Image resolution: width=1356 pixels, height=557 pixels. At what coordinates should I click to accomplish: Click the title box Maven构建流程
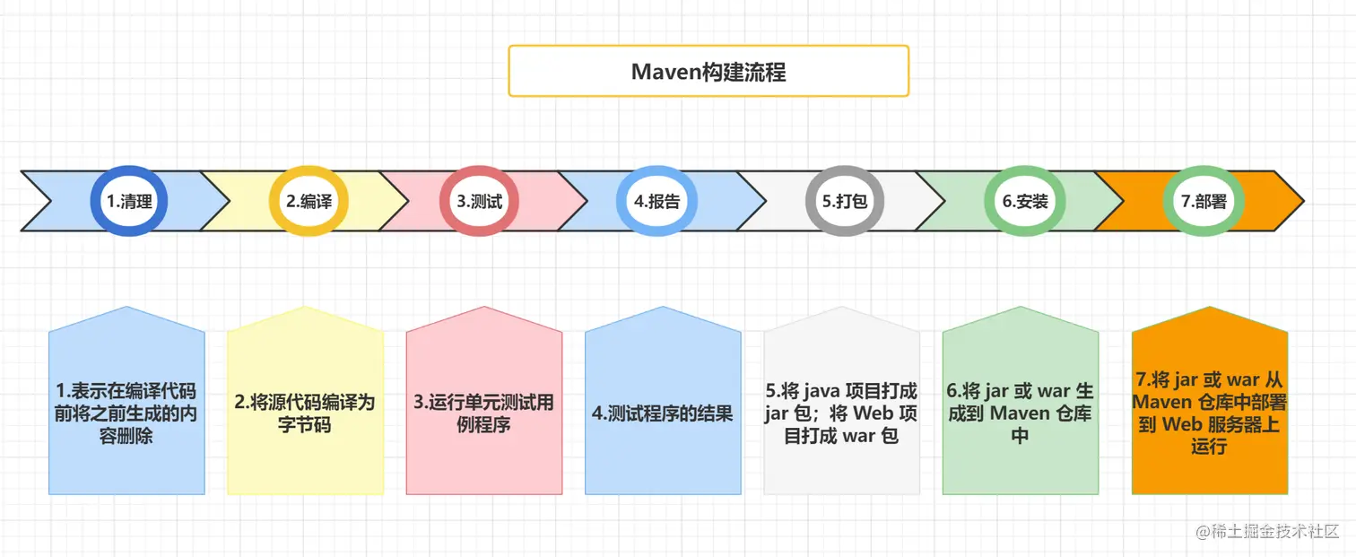[x=708, y=72]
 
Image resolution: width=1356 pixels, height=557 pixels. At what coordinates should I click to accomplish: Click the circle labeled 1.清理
[x=129, y=201]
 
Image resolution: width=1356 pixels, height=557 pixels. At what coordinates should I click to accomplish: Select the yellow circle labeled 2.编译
[x=309, y=201]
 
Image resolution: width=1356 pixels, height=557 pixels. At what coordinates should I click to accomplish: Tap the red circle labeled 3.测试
[x=480, y=201]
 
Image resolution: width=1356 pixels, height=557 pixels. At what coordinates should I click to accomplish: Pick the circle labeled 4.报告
[x=656, y=201]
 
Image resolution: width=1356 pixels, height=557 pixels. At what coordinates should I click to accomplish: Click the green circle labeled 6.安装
[x=1025, y=201]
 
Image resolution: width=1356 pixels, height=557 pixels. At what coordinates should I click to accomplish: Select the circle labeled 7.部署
[x=1203, y=201]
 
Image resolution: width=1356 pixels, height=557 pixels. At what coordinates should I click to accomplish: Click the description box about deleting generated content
[x=126, y=413]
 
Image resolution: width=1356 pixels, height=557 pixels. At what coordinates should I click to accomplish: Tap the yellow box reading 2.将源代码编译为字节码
[x=305, y=413]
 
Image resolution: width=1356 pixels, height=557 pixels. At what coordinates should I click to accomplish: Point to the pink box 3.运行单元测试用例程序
[x=483, y=413]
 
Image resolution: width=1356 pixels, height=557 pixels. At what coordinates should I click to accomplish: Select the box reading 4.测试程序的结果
[x=663, y=413]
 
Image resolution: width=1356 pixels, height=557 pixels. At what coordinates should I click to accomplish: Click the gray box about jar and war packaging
[x=841, y=413]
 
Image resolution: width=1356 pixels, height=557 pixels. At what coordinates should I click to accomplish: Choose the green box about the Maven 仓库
[x=1020, y=413]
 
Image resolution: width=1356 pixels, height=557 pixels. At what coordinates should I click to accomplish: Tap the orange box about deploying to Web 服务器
[x=1209, y=413]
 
